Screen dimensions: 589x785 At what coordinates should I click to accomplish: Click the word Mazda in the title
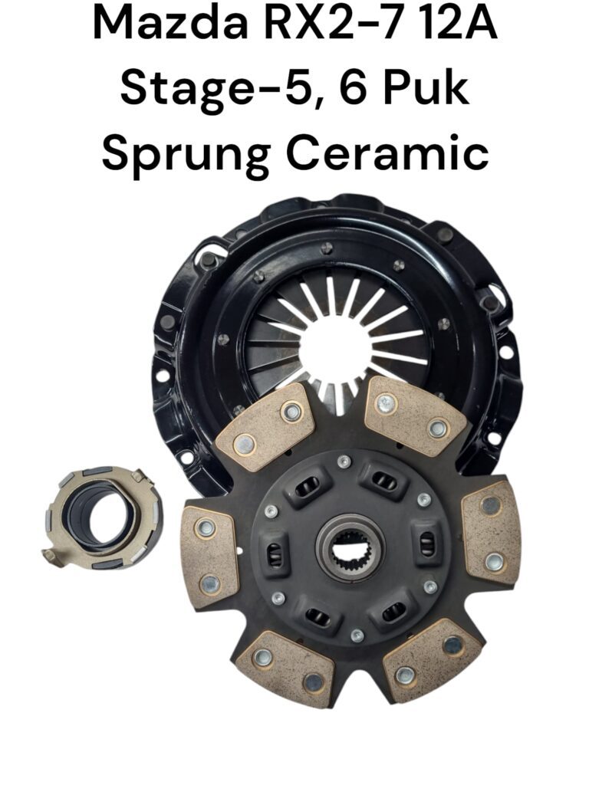click(x=169, y=24)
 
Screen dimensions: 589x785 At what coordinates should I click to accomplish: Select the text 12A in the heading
click(x=459, y=24)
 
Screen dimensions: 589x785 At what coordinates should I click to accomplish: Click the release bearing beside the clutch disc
click(x=104, y=519)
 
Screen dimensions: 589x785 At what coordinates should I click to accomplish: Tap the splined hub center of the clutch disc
click(x=350, y=547)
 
